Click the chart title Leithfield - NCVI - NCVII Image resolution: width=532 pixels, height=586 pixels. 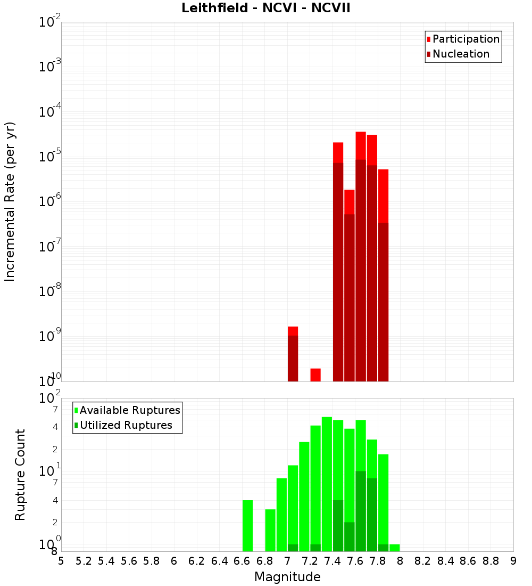click(265, 9)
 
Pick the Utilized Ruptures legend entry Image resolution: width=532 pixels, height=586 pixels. click(126, 425)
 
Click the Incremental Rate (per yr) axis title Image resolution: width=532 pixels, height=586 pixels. click(10, 201)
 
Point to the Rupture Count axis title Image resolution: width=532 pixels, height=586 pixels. click(20, 475)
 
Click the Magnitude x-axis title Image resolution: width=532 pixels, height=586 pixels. click(287, 577)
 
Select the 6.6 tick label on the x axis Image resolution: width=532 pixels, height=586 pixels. click(242, 561)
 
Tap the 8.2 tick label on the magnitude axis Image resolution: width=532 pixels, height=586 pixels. click(423, 561)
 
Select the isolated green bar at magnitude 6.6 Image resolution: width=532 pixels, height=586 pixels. click(247, 526)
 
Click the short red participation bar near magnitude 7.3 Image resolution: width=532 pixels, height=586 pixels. click(315, 375)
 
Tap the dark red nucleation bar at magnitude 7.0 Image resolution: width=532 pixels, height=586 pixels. click(293, 358)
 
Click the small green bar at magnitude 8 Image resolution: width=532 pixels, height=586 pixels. click(394, 548)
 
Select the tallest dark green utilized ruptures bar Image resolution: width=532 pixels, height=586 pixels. click(361, 511)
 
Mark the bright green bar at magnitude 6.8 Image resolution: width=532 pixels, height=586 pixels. click(270, 530)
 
